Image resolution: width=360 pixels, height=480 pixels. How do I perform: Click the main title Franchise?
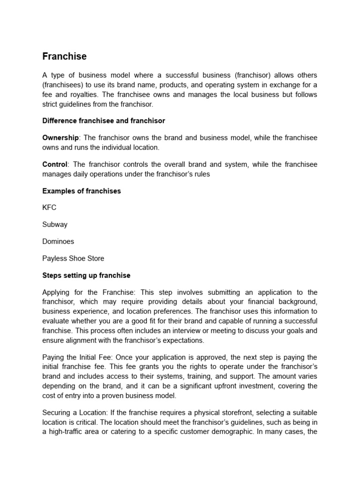click(64, 56)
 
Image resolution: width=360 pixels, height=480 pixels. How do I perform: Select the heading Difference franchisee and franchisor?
click(104, 121)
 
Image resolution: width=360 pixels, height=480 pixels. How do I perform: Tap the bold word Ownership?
click(61, 138)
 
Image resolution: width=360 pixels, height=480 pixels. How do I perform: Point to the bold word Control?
click(55, 165)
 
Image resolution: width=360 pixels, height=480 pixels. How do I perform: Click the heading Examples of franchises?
click(82, 191)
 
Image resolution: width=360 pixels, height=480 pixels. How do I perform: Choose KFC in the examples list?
click(49, 208)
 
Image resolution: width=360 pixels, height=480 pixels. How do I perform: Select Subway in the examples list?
click(55, 225)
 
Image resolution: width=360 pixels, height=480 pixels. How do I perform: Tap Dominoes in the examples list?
click(58, 241)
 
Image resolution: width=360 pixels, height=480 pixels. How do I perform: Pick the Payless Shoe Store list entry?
click(73, 258)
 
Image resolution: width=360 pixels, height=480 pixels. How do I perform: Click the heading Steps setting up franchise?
click(86, 275)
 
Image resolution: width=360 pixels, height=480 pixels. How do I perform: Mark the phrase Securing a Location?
click(75, 412)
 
